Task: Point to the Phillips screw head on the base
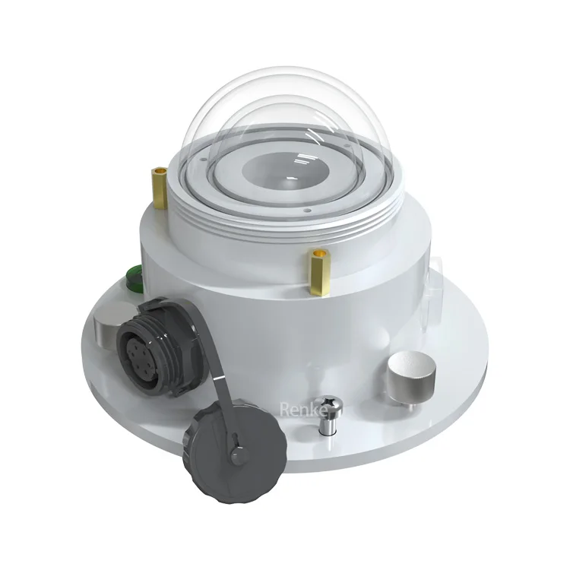coord(329,404)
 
